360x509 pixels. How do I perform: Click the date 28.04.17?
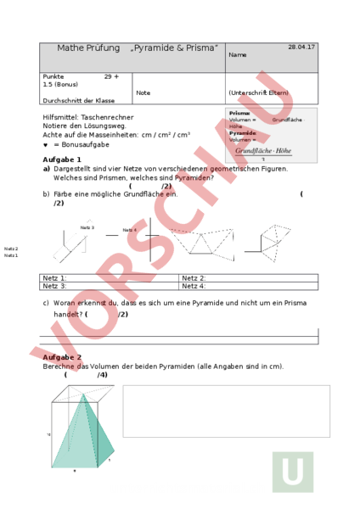301,47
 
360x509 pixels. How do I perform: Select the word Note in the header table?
143,92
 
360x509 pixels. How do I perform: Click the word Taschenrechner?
109,117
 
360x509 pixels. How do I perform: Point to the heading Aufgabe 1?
62,159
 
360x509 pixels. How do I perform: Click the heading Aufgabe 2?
62,358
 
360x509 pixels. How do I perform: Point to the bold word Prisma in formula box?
239,113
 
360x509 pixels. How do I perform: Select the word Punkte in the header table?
53,76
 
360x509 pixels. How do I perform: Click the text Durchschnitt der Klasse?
78,100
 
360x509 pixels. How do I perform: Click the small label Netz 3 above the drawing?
87,227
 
